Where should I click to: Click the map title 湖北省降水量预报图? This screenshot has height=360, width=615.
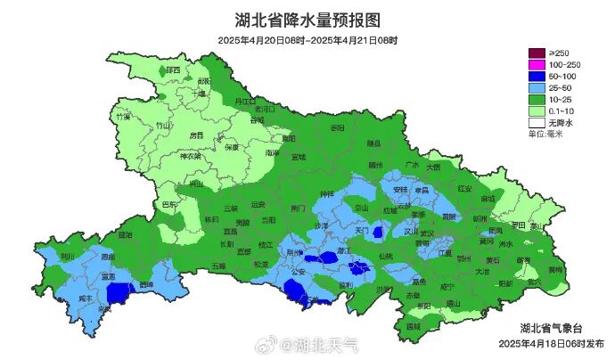coord(307,20)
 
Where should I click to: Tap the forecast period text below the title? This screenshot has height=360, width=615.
coord(307,41)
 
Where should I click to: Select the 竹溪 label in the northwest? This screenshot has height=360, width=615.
coord(123,117)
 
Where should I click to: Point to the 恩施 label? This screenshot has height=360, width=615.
coord(108,256)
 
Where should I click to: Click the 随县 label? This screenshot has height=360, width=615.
coord(374,143)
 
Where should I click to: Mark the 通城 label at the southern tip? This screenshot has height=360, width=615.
coord(413,326)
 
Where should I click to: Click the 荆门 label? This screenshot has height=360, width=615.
coord(298,208)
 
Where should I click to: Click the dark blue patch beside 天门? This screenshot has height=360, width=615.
coord(378,233)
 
